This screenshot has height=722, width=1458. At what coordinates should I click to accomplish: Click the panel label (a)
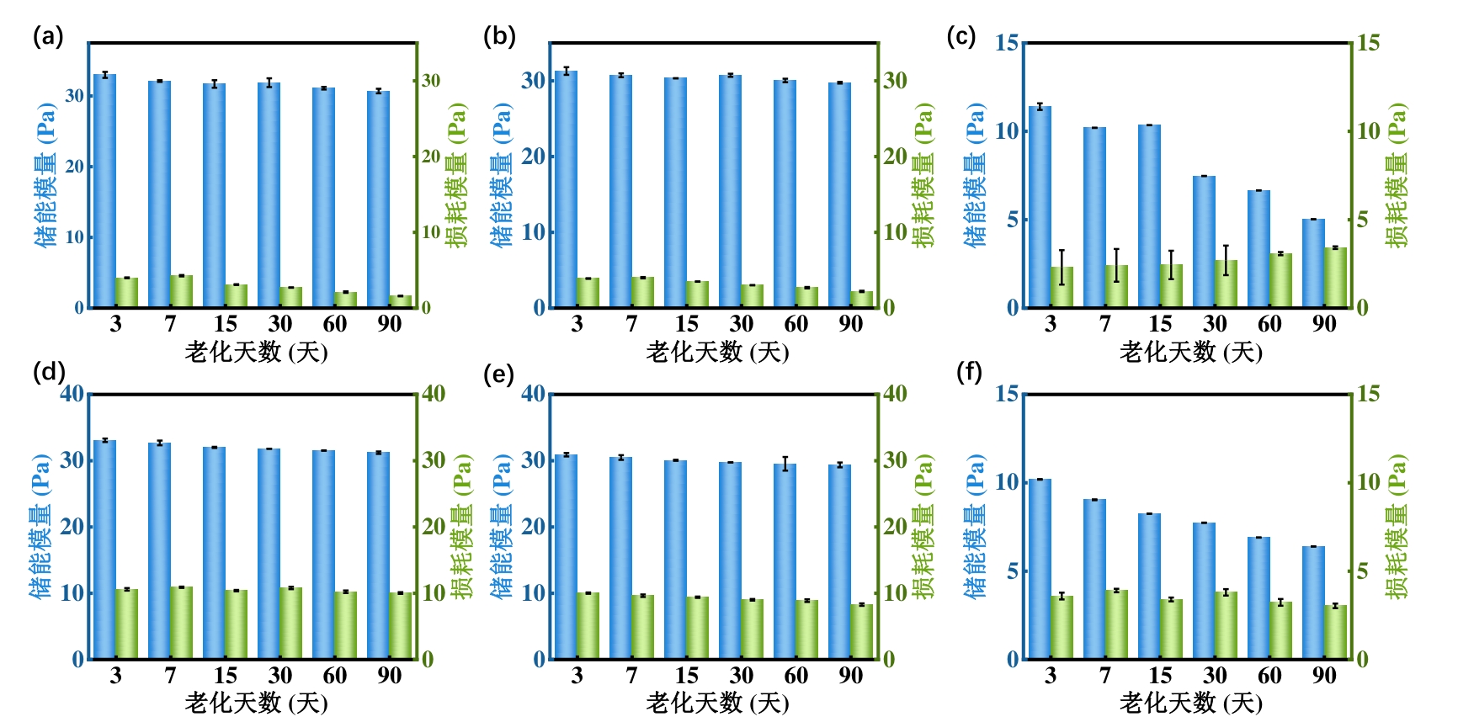click(48, 36)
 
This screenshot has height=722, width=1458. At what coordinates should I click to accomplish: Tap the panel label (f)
click(969, 371)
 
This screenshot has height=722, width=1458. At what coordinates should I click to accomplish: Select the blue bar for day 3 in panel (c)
click(1040, 206)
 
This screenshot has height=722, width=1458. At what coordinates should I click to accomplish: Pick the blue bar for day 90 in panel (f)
click(1313, 602)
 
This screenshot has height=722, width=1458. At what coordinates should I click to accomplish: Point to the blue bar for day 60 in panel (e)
click(785, 560)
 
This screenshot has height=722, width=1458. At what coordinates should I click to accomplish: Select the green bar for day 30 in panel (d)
click(290, 623)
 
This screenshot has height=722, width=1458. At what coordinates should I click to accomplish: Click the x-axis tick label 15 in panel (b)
click(686, 324)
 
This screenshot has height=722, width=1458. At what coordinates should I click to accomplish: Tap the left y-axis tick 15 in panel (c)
click(1006, 43)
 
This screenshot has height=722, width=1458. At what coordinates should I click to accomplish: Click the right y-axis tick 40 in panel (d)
click(434, 394)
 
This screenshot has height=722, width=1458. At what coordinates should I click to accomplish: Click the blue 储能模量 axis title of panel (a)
click(45, 175)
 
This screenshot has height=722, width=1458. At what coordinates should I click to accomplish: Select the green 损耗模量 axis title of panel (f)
click(1397, 527)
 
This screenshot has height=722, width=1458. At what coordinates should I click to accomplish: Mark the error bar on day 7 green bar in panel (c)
click(1116, 265)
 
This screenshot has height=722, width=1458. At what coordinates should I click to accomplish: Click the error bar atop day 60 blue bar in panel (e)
click(785, 464)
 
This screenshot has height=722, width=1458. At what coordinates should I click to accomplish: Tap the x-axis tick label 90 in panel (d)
click(390, 676)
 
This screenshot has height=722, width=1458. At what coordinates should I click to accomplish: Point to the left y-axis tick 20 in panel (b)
click(533, 157)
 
